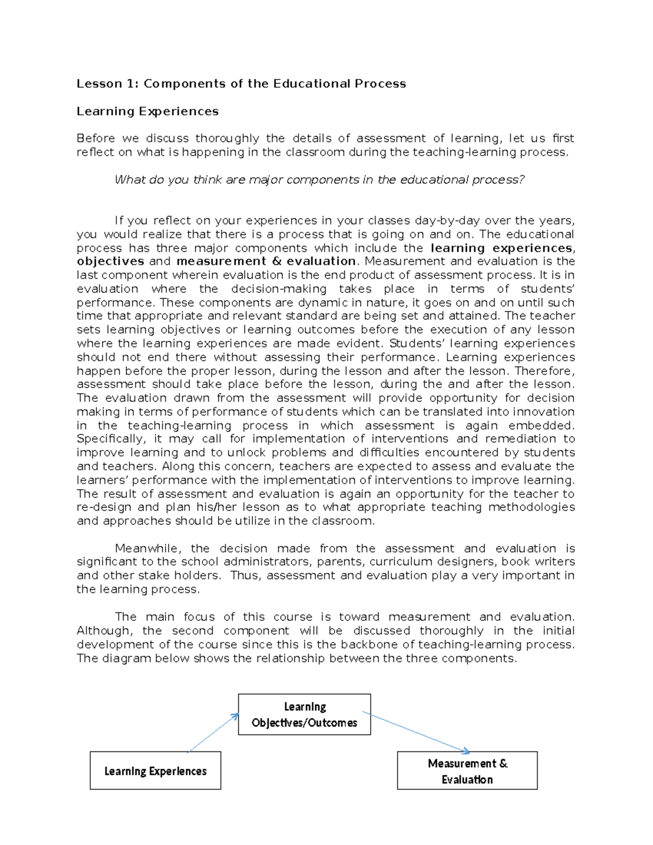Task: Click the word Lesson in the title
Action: click(x=99, y=84)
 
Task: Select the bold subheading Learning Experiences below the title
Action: click(x=147, y=112)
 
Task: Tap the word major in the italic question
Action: click(x=265, y=180)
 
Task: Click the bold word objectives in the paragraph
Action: click(x=110, y=262)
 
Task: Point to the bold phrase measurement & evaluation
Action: click(x=266, y=262)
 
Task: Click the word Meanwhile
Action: click(x=145, y=548)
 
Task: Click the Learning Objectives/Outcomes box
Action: click(x=304, y=714)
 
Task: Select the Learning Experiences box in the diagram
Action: click(x=155, y=771)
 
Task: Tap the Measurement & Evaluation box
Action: click(x=467, y=771)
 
